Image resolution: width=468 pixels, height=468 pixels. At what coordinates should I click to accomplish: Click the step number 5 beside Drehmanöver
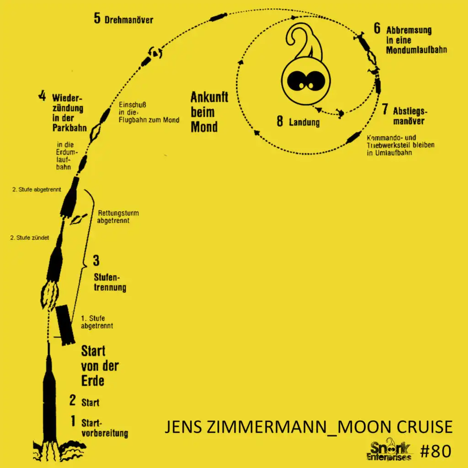tap(97, 19)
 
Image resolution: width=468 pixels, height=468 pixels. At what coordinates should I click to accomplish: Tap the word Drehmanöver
tap(128, 20)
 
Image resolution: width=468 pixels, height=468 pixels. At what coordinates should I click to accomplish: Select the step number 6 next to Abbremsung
tap(377, 28)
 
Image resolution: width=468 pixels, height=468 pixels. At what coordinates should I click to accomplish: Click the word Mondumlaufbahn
tap(416, 50)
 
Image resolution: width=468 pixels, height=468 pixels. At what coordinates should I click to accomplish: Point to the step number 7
tap(385, 110)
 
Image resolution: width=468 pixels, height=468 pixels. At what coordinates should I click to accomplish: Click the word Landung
tap(304, 122)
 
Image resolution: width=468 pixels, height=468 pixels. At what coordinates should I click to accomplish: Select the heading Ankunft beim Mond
tap(209, 112)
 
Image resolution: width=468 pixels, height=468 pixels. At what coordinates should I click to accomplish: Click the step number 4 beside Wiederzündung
tap(42, 96)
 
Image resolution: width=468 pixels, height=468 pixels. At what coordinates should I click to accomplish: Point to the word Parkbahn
tap(69, 128)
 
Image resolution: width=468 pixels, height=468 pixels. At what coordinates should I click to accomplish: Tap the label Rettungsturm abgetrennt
tap(118, 217)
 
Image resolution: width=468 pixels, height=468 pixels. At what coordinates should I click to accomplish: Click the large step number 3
tap(96, 261)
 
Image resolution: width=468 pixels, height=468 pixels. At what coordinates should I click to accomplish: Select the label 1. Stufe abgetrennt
tap(96, 322)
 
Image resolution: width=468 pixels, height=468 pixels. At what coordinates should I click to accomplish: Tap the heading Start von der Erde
tap(100, 366)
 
